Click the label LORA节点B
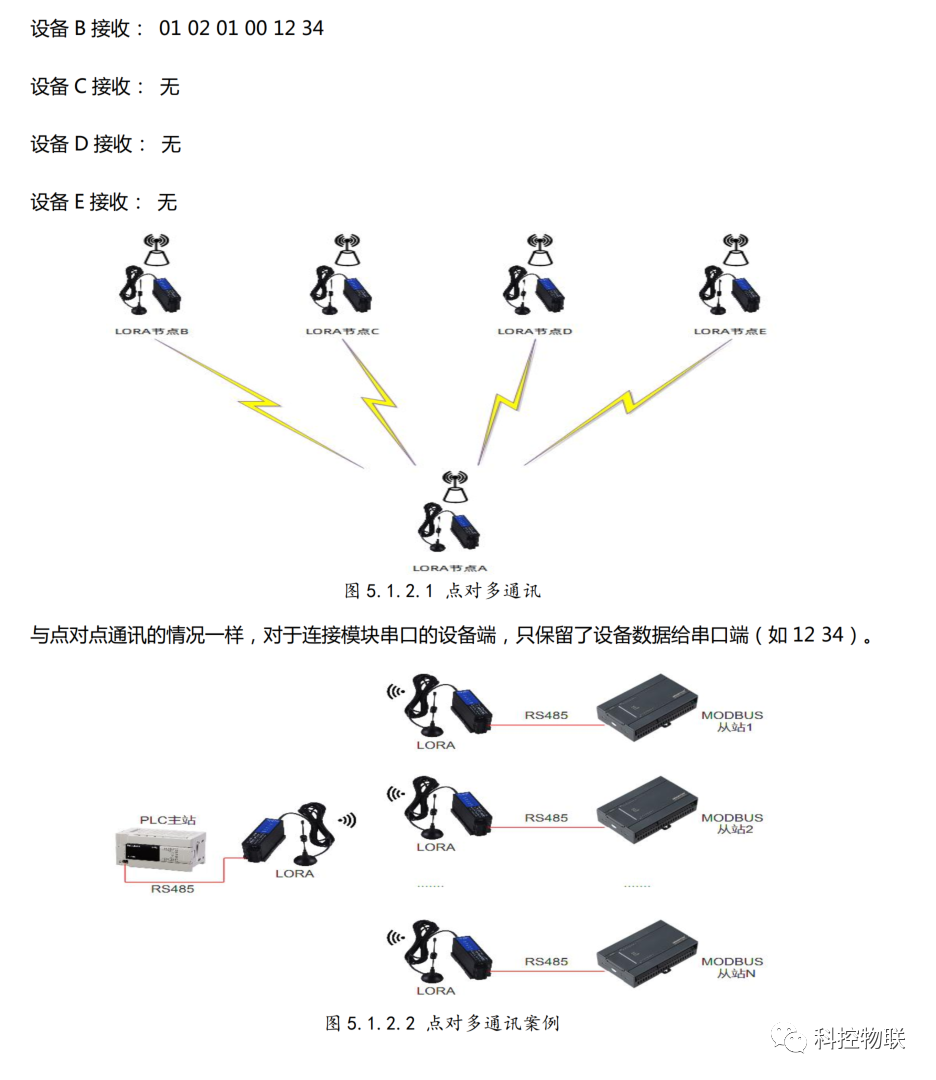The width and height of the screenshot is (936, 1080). click(x=151, y=331)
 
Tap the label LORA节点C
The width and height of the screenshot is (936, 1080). click(x=342, y=331)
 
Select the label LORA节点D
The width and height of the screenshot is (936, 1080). click(x=535, y=331)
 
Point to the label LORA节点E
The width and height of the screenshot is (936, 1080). click(x=730, y=331)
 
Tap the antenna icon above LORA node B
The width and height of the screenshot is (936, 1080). click(x=157, y=247)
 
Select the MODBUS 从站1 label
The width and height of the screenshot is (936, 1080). click(x=732, y=721)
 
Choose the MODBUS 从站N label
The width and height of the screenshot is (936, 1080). click(x=732, y=967)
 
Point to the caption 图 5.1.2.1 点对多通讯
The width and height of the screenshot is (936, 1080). click(x=442, y=591)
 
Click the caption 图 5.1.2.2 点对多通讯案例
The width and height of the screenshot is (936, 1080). click(x=442, y=1023)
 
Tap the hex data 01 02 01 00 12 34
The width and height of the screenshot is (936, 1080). click(x=241, y=28)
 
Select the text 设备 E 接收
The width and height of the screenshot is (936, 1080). click(x=81, y=202)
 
